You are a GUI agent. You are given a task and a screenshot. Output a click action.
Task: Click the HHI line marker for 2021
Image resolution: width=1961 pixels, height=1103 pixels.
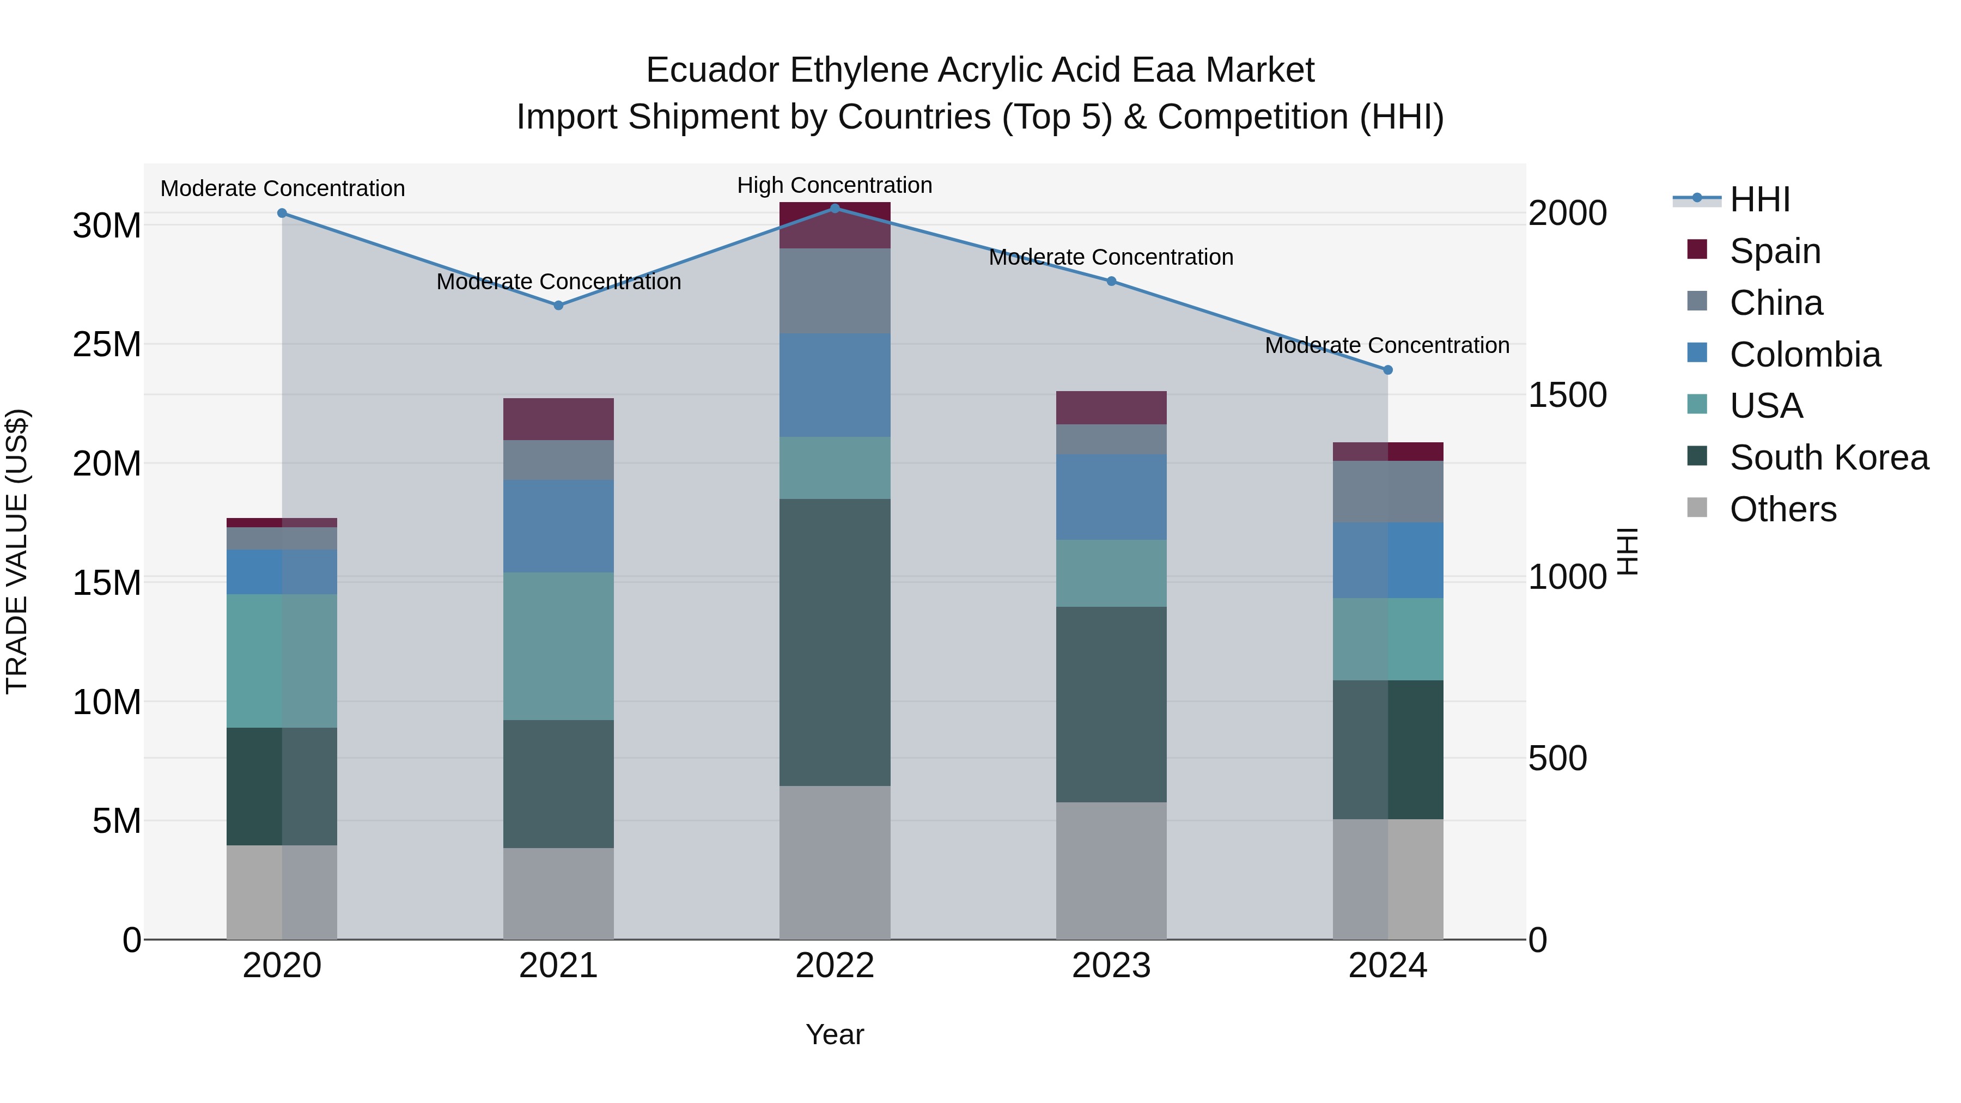coord(558,305)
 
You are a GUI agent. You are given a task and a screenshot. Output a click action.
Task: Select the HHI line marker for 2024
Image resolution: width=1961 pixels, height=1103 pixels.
coord(1387,370)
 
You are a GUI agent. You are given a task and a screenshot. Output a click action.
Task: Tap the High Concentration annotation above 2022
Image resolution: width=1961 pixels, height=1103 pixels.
coord(835,185)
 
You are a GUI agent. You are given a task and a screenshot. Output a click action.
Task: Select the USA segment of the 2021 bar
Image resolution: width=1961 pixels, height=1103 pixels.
coord(558,645)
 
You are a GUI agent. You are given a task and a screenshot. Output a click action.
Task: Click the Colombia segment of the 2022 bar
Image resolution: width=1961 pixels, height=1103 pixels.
coord(835,385)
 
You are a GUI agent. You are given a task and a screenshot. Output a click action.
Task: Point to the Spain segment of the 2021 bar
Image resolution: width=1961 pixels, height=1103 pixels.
coord(558,419)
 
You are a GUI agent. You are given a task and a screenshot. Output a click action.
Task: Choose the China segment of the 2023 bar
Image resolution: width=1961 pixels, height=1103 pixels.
coord(1111,439)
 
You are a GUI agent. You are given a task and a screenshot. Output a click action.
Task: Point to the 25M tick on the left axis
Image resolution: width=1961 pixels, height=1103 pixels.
coord(107,345)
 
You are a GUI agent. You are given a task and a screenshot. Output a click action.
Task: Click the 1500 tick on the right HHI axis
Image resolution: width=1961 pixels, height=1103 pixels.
coord(1567,394)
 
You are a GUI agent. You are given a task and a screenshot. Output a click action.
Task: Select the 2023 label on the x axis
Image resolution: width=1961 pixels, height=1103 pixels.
coord(1111,966)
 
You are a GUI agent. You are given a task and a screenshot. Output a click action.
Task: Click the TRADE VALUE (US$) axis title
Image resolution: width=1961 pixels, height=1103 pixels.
coord(17,551)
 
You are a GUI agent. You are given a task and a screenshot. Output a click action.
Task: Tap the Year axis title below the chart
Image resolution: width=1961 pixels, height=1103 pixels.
coord(835,1034)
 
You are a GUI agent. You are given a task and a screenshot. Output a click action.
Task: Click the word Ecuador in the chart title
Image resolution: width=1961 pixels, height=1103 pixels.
coord(712,70)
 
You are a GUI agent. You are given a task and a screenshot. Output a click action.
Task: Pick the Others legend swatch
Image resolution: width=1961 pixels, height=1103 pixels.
coord(1697,508)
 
